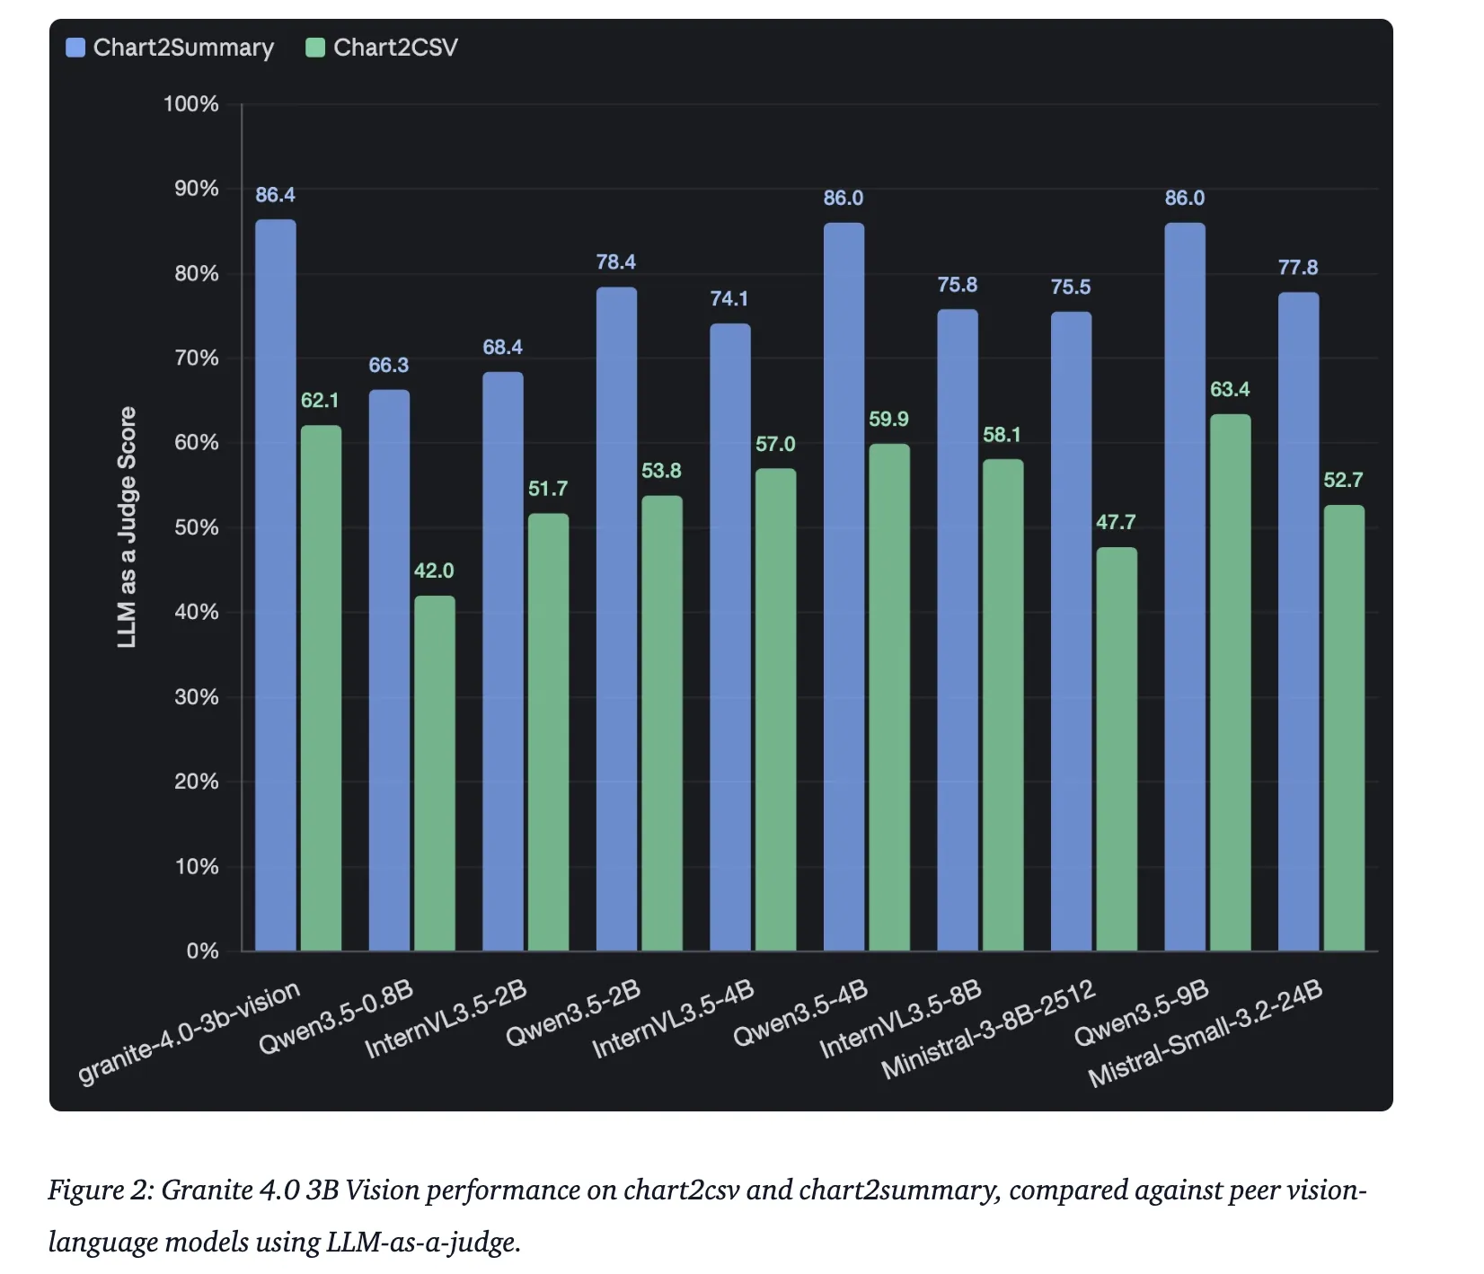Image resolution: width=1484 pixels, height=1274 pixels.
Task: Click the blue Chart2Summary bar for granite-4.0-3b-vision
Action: [x=275, y=584]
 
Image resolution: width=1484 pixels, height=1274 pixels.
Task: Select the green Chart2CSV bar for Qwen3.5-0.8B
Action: [x=434, y=773]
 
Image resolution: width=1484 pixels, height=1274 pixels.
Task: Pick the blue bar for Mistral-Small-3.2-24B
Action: [x=1298, y=620]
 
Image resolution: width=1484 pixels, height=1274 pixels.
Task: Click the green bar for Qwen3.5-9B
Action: [x=1230, y=683]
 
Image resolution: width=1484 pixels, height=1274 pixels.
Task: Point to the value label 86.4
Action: [x=275, y=195]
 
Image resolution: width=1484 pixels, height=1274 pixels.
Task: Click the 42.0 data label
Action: [x=434, y=571]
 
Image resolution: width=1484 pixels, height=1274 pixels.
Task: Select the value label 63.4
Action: [x=1230, y=389]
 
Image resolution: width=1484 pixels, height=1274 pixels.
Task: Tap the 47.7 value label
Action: [x=1116, y=522]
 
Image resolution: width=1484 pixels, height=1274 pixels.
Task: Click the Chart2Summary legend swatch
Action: [x=75, y=48]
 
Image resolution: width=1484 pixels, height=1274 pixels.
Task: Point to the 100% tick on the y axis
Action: [x=190, y=104]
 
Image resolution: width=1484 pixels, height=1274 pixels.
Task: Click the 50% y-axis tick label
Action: [x=196, y=527]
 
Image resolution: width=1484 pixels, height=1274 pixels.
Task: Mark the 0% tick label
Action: [x=202, y=951]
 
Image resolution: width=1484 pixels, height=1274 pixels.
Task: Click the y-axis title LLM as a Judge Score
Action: [x=128, y=527]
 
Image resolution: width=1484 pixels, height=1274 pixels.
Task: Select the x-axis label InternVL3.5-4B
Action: [x=673, y=1020]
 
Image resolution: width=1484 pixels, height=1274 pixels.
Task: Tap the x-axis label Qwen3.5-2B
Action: [x=573, y=1014]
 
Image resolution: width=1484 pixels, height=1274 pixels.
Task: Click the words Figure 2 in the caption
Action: [x=100, y=1190]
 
